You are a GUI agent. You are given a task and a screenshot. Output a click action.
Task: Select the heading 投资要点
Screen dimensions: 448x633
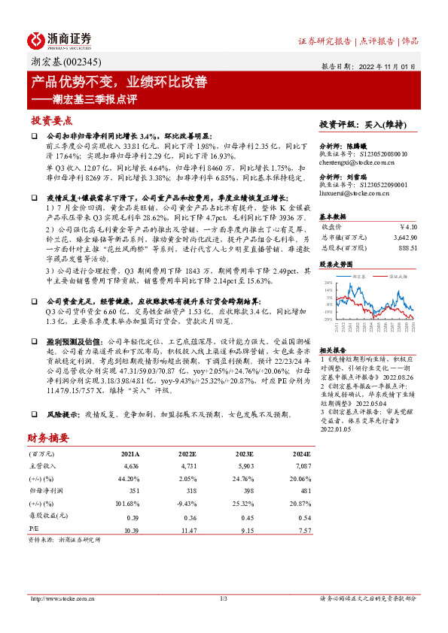(x=51, y=120)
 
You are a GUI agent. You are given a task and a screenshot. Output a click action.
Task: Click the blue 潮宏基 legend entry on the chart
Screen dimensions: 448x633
(x=359, y=276)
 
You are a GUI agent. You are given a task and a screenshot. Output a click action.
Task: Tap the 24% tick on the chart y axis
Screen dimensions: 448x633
(x=328, y=283)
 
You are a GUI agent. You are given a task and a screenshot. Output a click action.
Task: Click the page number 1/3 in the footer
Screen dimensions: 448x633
(x=224, y=598)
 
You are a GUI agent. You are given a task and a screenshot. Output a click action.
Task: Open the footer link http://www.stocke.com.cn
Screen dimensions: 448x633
(x=59, y=598)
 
